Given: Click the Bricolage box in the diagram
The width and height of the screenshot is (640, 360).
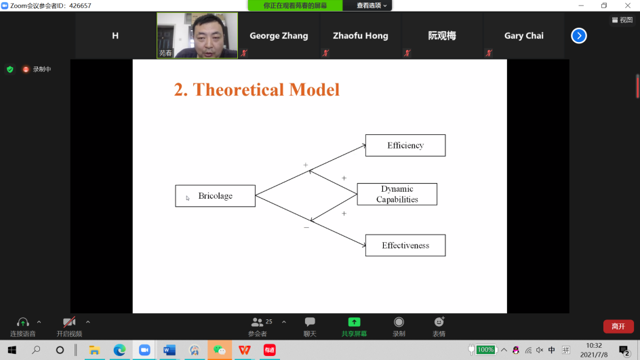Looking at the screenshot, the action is click(215, 196).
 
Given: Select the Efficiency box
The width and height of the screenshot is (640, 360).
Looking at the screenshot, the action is click(405, 145).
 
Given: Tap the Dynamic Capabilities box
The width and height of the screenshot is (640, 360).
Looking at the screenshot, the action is click(397, 195).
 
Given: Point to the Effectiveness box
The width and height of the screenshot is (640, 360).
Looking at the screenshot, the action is click(405, 245).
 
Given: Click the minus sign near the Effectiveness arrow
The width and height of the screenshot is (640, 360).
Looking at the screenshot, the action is click(306, 227).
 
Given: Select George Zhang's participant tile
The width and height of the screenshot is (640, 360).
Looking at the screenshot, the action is click(279, 35).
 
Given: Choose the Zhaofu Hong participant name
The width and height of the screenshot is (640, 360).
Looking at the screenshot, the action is click(361, 35).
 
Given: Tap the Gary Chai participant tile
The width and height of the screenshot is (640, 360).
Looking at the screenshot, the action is click(523, 35).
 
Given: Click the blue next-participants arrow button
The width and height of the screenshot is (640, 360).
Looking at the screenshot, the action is click(579, 35).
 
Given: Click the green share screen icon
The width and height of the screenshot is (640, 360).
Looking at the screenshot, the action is click(355, 322).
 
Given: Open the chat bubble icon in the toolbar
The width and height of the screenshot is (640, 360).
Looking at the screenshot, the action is click(310, 322).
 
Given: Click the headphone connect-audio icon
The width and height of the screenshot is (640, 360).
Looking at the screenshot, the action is click(23, 322).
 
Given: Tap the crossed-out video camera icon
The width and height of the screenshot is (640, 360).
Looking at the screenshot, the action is click(69, 322).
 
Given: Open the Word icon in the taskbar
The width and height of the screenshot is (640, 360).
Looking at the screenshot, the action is click(169, 351).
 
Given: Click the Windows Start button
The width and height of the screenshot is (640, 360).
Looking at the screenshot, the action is click(12, 351).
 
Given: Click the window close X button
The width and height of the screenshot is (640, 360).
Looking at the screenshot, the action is click(628, 5).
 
